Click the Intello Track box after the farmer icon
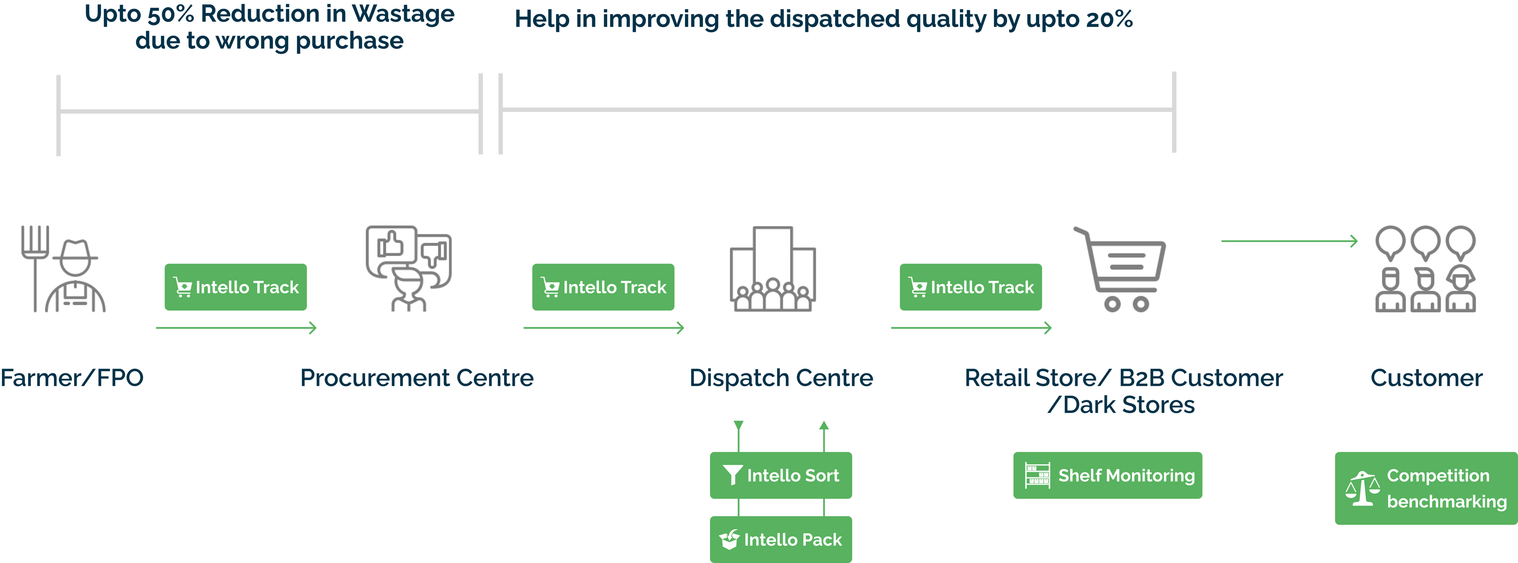pyautogui.click(x=236, y=287)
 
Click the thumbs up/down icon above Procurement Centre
pyautogui.click(x=408, y=269)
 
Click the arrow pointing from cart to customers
pyautogui.click(x=1289, y=241)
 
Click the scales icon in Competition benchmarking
pyautogui.click(x=1362, y=489)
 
